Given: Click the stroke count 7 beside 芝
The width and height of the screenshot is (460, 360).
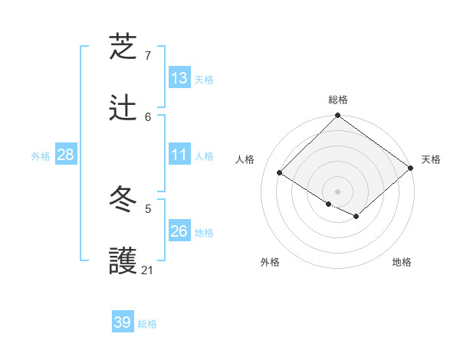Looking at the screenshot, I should tap(148, 56).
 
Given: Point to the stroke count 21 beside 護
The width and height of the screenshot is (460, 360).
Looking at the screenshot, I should tap(148, 270).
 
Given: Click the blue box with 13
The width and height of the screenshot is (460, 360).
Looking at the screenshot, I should tap(179, 78).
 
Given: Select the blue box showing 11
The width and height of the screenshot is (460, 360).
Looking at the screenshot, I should tap(179, 155).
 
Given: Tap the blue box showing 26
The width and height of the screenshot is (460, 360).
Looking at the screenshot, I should tap(179, 231).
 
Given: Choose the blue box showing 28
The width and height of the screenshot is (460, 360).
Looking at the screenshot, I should tap(66, 155).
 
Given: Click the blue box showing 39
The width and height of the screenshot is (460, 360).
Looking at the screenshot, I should tap(123, 322).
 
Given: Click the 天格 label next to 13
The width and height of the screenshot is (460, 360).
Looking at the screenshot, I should tap(204, 79).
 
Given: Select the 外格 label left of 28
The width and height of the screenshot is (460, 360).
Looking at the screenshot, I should tap(41, 155).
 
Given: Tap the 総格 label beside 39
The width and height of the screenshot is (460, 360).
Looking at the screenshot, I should tap(147, 323).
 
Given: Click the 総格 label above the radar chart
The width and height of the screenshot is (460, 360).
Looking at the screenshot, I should tap(338, 100).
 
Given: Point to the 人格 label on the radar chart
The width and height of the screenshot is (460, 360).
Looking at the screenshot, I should tap(246, 159).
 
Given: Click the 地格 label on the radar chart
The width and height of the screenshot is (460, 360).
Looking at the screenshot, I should tap(402, 262).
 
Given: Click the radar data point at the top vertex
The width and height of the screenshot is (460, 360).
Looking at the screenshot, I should tap(338, 116).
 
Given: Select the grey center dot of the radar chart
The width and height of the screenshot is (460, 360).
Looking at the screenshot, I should tap(338, 191).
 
